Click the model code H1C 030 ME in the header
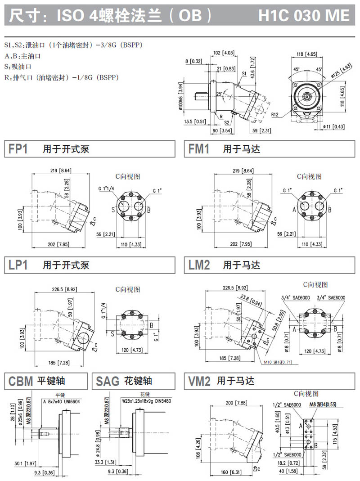pos(304,15)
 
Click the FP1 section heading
pos(18,149)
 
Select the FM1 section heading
pos(199,149)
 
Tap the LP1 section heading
pos(18,265)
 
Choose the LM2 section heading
pos(199,265)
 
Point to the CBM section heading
pos(21,381)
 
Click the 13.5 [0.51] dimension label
pos(195,121)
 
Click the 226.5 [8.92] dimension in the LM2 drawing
pos(234,288)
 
